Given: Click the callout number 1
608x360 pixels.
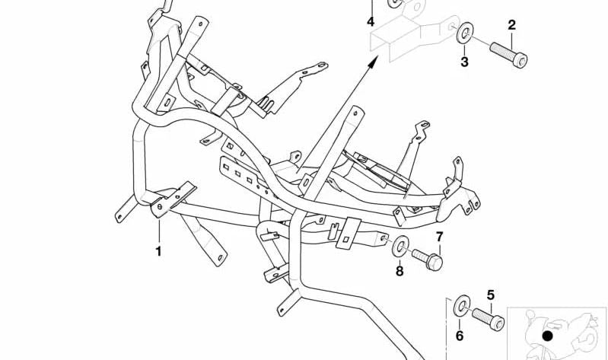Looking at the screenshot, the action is [158, 251].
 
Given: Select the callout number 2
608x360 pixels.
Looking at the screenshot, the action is [512, 25].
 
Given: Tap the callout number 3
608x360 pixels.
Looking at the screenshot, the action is [464, 62].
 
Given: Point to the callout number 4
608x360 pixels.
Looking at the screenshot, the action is [371, 22].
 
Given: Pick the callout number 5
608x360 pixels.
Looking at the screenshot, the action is [491, 295].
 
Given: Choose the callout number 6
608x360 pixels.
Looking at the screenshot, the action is [460, 336].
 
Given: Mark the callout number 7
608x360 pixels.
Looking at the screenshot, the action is [439, 237].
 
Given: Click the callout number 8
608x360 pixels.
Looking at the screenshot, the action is [399, 271].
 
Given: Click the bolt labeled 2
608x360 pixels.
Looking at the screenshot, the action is [509, 55].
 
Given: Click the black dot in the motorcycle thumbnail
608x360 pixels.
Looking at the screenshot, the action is [547, 336].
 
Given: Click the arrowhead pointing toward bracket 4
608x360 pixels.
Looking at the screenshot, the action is [374, 61].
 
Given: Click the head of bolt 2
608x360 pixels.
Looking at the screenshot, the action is [520, 61].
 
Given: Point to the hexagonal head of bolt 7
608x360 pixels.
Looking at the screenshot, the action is [435, 263].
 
